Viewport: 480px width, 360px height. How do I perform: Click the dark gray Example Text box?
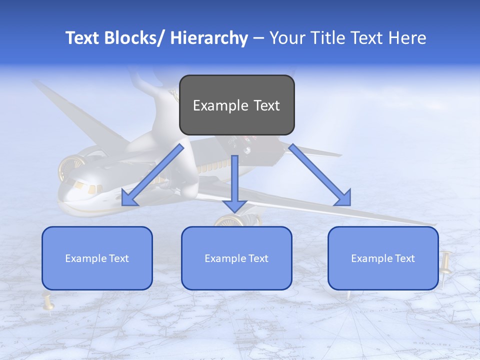(x=236, y=105)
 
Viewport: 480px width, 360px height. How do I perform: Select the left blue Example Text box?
(x=97, y=258)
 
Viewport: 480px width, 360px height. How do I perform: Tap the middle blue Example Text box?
(x=236, y=258)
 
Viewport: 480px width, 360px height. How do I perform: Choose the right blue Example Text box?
(x=383, y=258)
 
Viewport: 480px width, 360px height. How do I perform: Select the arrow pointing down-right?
(x=320, y=175)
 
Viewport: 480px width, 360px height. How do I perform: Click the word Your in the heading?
(x=285, y=38)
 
